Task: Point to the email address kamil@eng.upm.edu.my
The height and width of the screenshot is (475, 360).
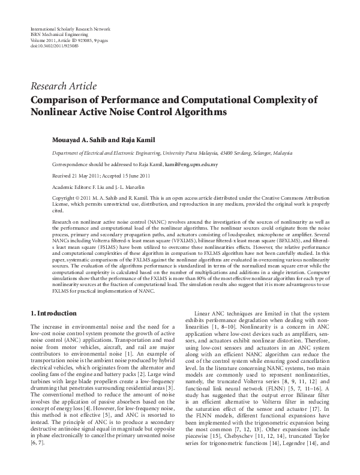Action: click(x=191, y=164)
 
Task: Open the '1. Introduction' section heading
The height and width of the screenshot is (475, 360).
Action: click(x=53, y=314)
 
